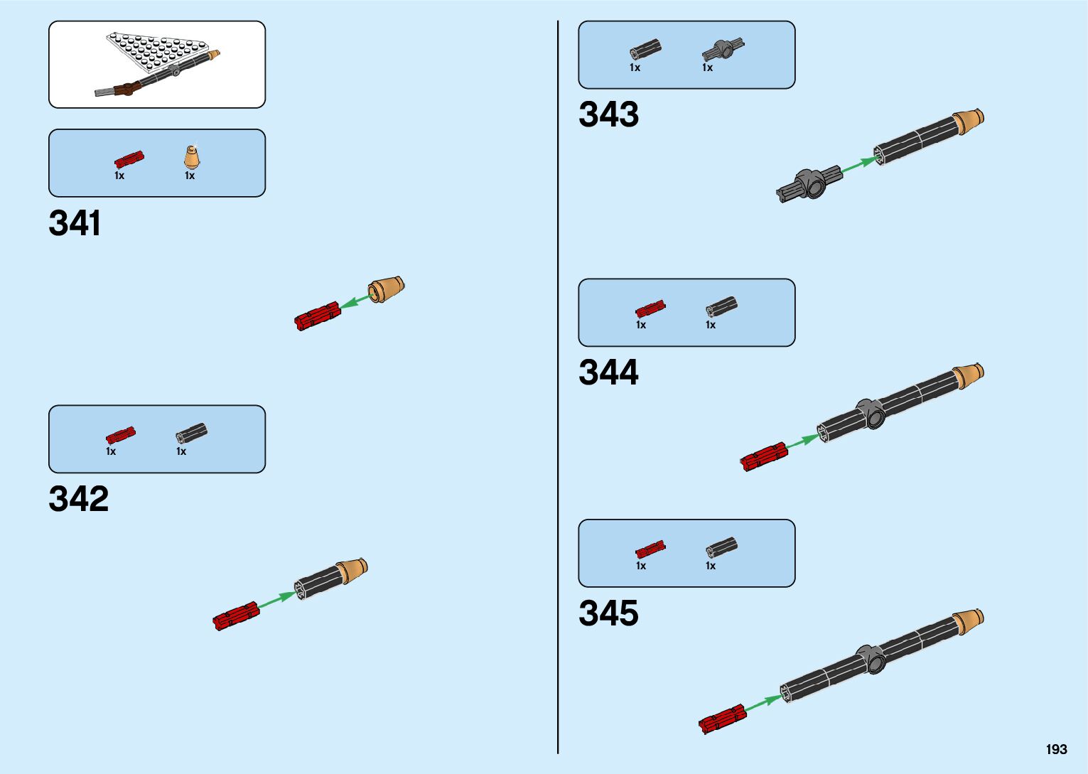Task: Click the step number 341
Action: coord(75,223)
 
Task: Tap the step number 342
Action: coord(78,499)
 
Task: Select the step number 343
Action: coord(608,114)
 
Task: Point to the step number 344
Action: coord(608,372)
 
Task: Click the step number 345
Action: coord(608,613)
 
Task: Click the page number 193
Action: coord(1056,749)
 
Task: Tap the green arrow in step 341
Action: coord(355,301)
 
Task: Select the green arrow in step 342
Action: coord(276,599)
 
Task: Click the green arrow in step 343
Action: coord(858,165)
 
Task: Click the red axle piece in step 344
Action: coord(764,456)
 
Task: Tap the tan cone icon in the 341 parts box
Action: coord(191,157)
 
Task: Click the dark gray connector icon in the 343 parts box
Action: coord(723,50)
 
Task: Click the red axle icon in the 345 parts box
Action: coord(650,549)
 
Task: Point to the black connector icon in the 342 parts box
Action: coord(191,433)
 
